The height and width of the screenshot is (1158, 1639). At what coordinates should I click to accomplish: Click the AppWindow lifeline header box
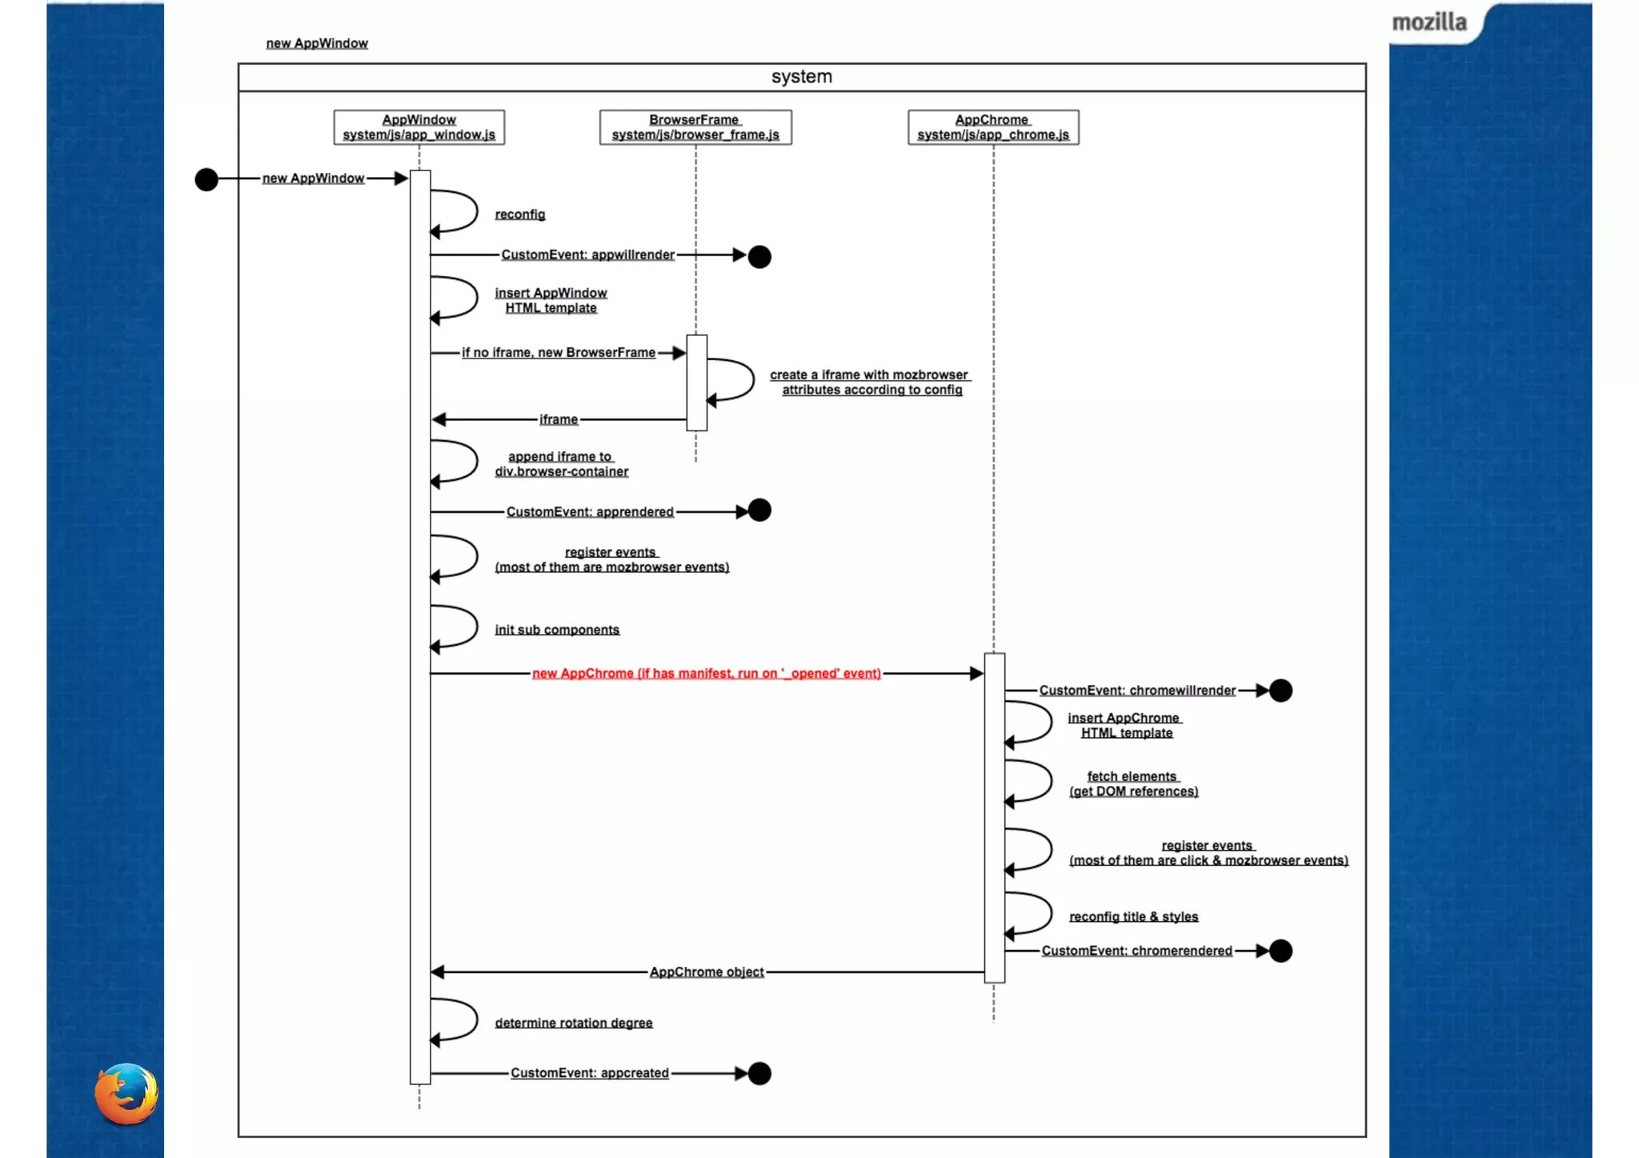(x=419, y=127)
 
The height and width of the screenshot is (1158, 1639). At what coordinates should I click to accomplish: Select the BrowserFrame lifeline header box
(x=695, y=127)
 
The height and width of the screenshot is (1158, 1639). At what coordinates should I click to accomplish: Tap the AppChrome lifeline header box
(x=992, y=127)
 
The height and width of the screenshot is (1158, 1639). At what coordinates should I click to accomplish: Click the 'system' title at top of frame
(x=801, y=77)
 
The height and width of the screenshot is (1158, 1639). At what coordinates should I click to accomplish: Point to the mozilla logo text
(x=1429, y=22)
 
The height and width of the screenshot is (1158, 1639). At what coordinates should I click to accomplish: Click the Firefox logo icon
(x=126, y=1093)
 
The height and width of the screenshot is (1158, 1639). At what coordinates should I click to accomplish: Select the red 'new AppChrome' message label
(x=706, y=674)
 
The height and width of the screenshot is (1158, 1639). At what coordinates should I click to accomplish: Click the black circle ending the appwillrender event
(x=759, y=257)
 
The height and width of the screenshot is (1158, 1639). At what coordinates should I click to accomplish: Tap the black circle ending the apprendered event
(x=759, y=511)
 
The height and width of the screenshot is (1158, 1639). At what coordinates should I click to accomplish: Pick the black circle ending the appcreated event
(x=759, y=1073)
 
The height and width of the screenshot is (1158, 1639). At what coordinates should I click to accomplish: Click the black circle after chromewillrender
(x=1280, y=690)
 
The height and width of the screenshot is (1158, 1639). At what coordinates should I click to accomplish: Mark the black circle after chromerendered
(x=1280, y=951)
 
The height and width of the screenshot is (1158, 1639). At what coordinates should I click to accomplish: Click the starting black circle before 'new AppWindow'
(x=206, y=179)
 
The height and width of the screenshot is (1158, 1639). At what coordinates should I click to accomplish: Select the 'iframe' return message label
(x=558, y=419)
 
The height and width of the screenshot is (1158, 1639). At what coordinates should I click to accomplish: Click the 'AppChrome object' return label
(x=707, y=972)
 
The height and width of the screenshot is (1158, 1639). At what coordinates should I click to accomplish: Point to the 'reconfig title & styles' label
(x=1133, y=916)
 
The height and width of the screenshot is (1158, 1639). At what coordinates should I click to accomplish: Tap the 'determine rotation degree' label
(x=574, y=1023)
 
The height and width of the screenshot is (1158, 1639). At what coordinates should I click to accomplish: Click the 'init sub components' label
(x=557, y=630)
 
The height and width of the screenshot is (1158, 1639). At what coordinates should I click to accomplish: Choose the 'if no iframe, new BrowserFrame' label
(x=558, y=353)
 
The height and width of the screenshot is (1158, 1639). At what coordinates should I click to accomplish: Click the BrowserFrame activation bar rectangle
(x=696, y=383)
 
